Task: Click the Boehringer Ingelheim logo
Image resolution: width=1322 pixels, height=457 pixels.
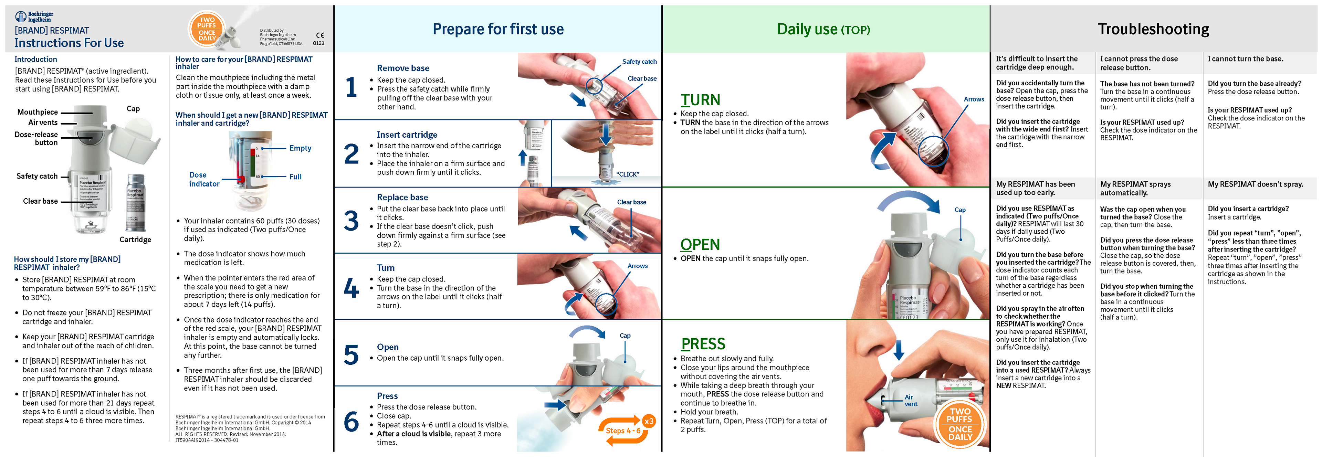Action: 34,17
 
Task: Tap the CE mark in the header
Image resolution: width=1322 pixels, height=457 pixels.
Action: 320,35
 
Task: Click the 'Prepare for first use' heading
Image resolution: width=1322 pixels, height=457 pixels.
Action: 498,29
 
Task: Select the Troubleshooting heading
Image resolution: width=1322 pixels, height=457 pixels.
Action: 1153,29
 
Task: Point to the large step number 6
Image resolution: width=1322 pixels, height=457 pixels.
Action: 352,422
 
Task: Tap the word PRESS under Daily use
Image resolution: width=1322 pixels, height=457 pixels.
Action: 703,344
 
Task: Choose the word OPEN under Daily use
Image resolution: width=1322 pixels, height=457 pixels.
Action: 700,245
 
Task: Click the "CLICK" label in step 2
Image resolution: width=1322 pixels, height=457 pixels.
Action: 628,174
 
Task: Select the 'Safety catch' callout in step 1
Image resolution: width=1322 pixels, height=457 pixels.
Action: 639,62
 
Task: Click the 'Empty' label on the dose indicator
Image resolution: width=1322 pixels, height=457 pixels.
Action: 300,148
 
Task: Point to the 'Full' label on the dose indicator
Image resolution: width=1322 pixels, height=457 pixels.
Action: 296,177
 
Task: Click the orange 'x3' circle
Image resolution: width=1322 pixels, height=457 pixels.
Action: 649,422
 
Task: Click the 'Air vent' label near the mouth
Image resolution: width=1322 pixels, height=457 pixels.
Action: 910,401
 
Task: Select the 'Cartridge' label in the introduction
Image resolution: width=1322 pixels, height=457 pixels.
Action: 136,240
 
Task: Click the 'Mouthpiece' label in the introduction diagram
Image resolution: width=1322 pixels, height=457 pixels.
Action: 38,112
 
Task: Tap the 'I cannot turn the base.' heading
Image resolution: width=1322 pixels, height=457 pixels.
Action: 1246,59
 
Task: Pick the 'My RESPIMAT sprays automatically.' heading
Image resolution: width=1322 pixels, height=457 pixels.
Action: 1135,188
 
